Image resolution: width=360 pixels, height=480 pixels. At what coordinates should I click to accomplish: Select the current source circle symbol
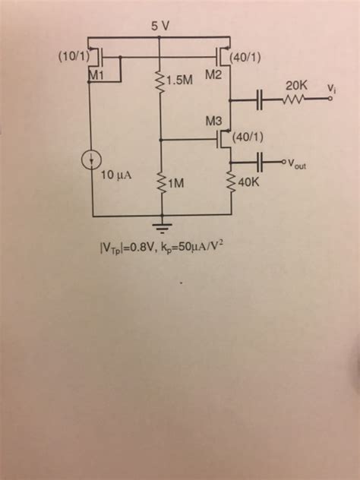click(92, 161)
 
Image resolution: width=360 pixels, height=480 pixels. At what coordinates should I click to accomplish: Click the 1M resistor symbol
click(159, 182)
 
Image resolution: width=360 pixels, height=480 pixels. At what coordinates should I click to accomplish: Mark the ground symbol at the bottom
click(159, 226)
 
